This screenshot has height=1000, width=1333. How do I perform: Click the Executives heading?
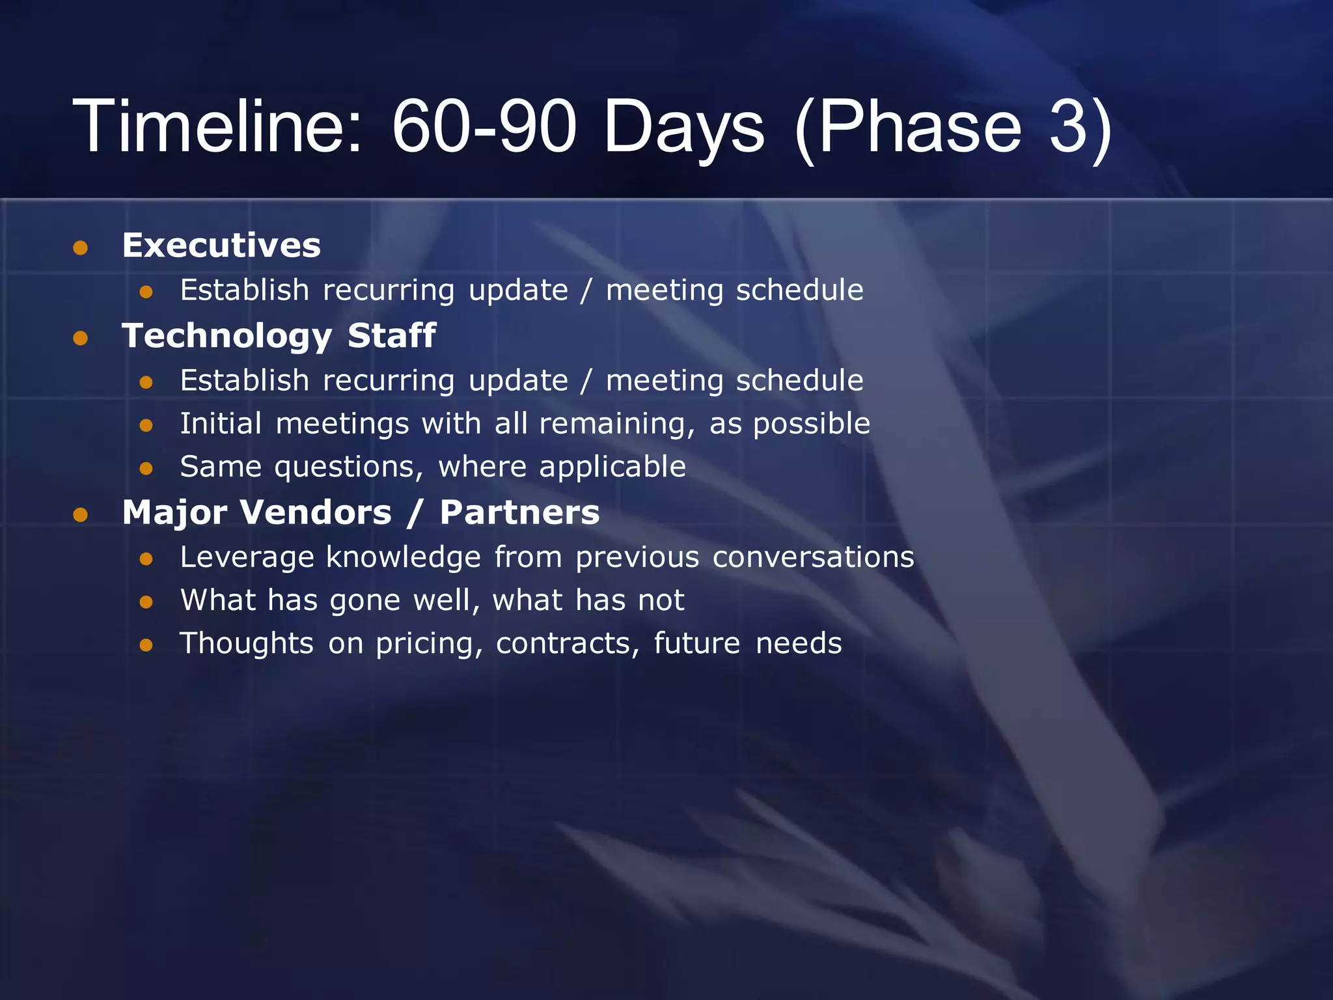tap(221, 245)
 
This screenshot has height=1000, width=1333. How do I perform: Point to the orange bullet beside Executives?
tap(81, 248)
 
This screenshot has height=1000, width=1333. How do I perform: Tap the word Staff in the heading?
tap(391, 335)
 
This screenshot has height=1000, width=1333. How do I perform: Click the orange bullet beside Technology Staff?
tap(81, 338)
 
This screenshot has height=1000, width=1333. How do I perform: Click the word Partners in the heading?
tap(519, 512)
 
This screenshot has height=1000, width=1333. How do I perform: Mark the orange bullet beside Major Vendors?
tap(81, 516)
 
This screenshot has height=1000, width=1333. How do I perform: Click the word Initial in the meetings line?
tap(221, 423)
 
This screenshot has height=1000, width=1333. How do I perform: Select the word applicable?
tap(612, 467)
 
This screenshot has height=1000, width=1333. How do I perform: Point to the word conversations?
tap(813, 557)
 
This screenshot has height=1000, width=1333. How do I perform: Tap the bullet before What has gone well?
tap(146, 602)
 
